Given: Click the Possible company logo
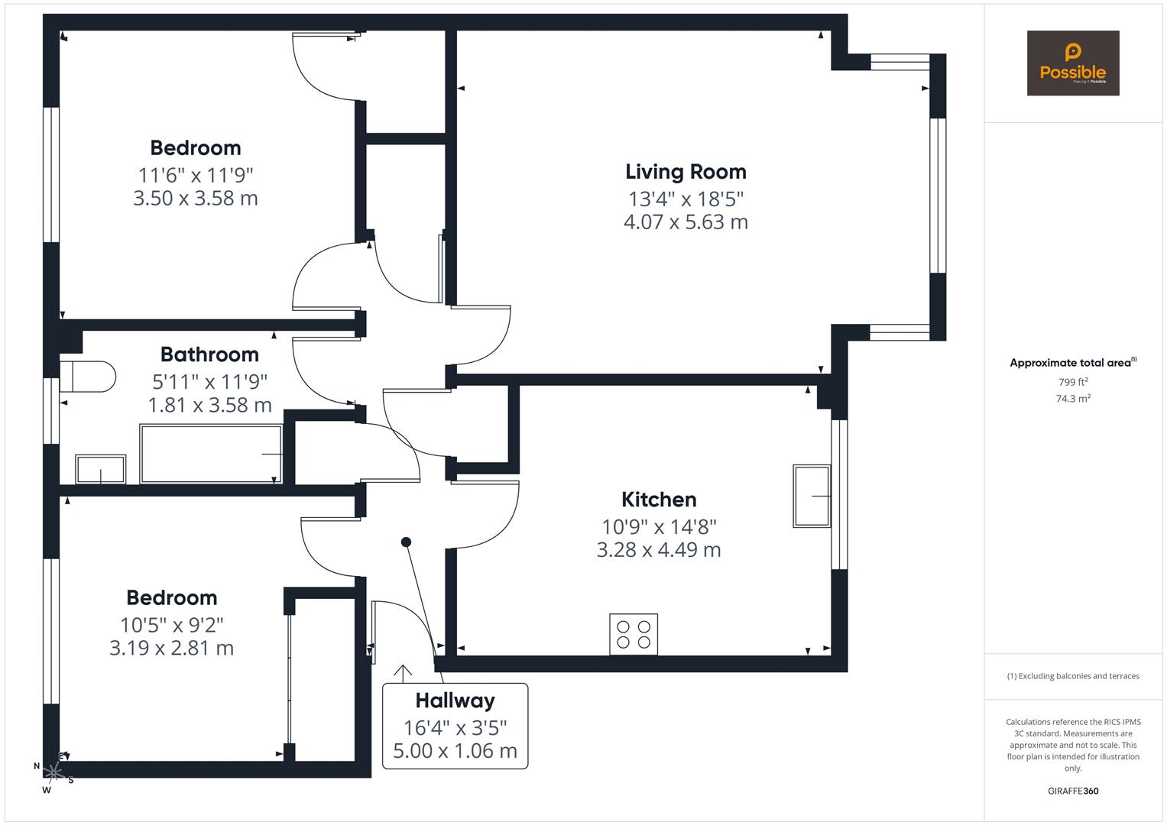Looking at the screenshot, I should pyautogui.click(x=1072, y=63).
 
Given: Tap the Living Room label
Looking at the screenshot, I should pyautogui.click(x=686, y=172).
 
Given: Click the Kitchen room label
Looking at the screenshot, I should pyautogui.click(x=659, y=500).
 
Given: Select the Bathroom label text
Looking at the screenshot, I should pyautogui.click(x=209, y=354).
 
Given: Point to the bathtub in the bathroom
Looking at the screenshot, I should pyautogui.click(x=211, y=455).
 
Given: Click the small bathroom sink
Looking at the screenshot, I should pyautogui.click(x=100, y=469).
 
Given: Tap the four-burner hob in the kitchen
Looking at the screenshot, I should pyautogui.click(x=634, y=634).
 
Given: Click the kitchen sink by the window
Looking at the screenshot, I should pyautogui.click(x=812, y=496).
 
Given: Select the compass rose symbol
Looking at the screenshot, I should pyautogui.click(x=53, y=772).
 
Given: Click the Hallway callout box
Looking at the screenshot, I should pyautogui.click(x=455, y=726).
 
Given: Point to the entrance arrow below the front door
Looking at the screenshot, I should pyautogui.click(x=402, y=672).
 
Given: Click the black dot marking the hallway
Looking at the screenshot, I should pyautogui.click(x=407, y=542).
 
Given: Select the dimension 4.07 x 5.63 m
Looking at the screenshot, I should pyautogui.click(x=686, y=222).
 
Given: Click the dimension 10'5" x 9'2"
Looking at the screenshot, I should pyautogui.click(x=171, y=625).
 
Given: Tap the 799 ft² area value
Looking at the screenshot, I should pyautogui.click(x=1072, y=382).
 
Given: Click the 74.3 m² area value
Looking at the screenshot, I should pyautogui.click(x=1072, y=399).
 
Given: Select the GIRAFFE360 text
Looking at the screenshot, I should pyautogui.click(x=1072, y=791).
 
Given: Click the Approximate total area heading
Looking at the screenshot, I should pyautogui.click(x=1072, y=363).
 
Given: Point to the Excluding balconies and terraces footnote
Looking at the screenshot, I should pyautogui.click(x=1072, y=676).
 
